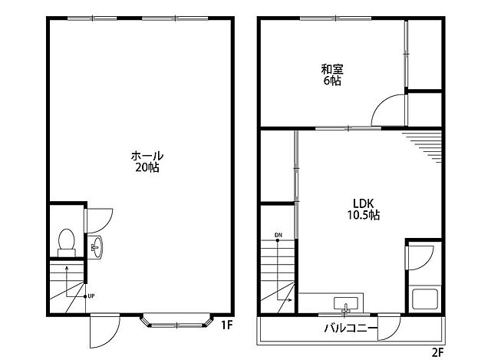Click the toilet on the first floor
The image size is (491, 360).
point(67,243)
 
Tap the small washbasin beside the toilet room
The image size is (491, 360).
point(96,247)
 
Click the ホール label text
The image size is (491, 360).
point(147,156)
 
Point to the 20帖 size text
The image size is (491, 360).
point(147,167)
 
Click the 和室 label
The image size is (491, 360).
point(332,69)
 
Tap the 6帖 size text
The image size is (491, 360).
point(332,81)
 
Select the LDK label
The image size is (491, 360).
point(363,203)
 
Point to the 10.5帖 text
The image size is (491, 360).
point(363,215)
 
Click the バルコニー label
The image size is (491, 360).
point(351,328)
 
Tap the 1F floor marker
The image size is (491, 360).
point(227,325)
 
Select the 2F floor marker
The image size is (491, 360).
point(438,353)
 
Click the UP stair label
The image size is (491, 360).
point(91,296)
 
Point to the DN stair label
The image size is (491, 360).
point(278,235)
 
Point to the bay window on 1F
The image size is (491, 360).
point(176,321)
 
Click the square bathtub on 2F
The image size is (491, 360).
point(425,299)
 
